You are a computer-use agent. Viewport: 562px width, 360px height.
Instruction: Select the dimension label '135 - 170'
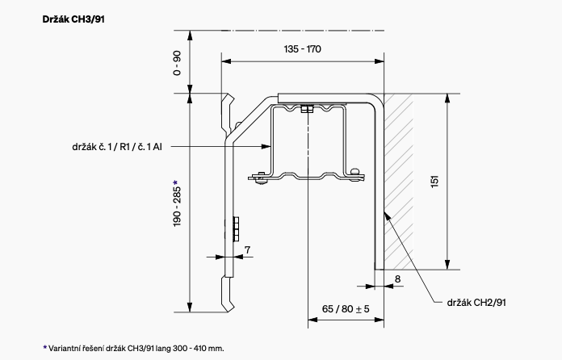point(303,49)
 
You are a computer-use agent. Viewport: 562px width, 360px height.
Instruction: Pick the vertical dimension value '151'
point(435,182)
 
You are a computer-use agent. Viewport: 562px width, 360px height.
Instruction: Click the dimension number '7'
point(246,249)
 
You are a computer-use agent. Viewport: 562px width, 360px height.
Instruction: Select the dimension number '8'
point(398,278)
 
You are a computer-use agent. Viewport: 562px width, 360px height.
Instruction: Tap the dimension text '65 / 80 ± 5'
point(345,309)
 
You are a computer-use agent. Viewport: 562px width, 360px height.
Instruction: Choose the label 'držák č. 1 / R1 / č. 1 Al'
point(116,147)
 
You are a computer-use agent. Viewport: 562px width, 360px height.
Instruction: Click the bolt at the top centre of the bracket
point(305,109)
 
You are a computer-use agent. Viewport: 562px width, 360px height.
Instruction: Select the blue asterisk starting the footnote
point(45,347)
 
